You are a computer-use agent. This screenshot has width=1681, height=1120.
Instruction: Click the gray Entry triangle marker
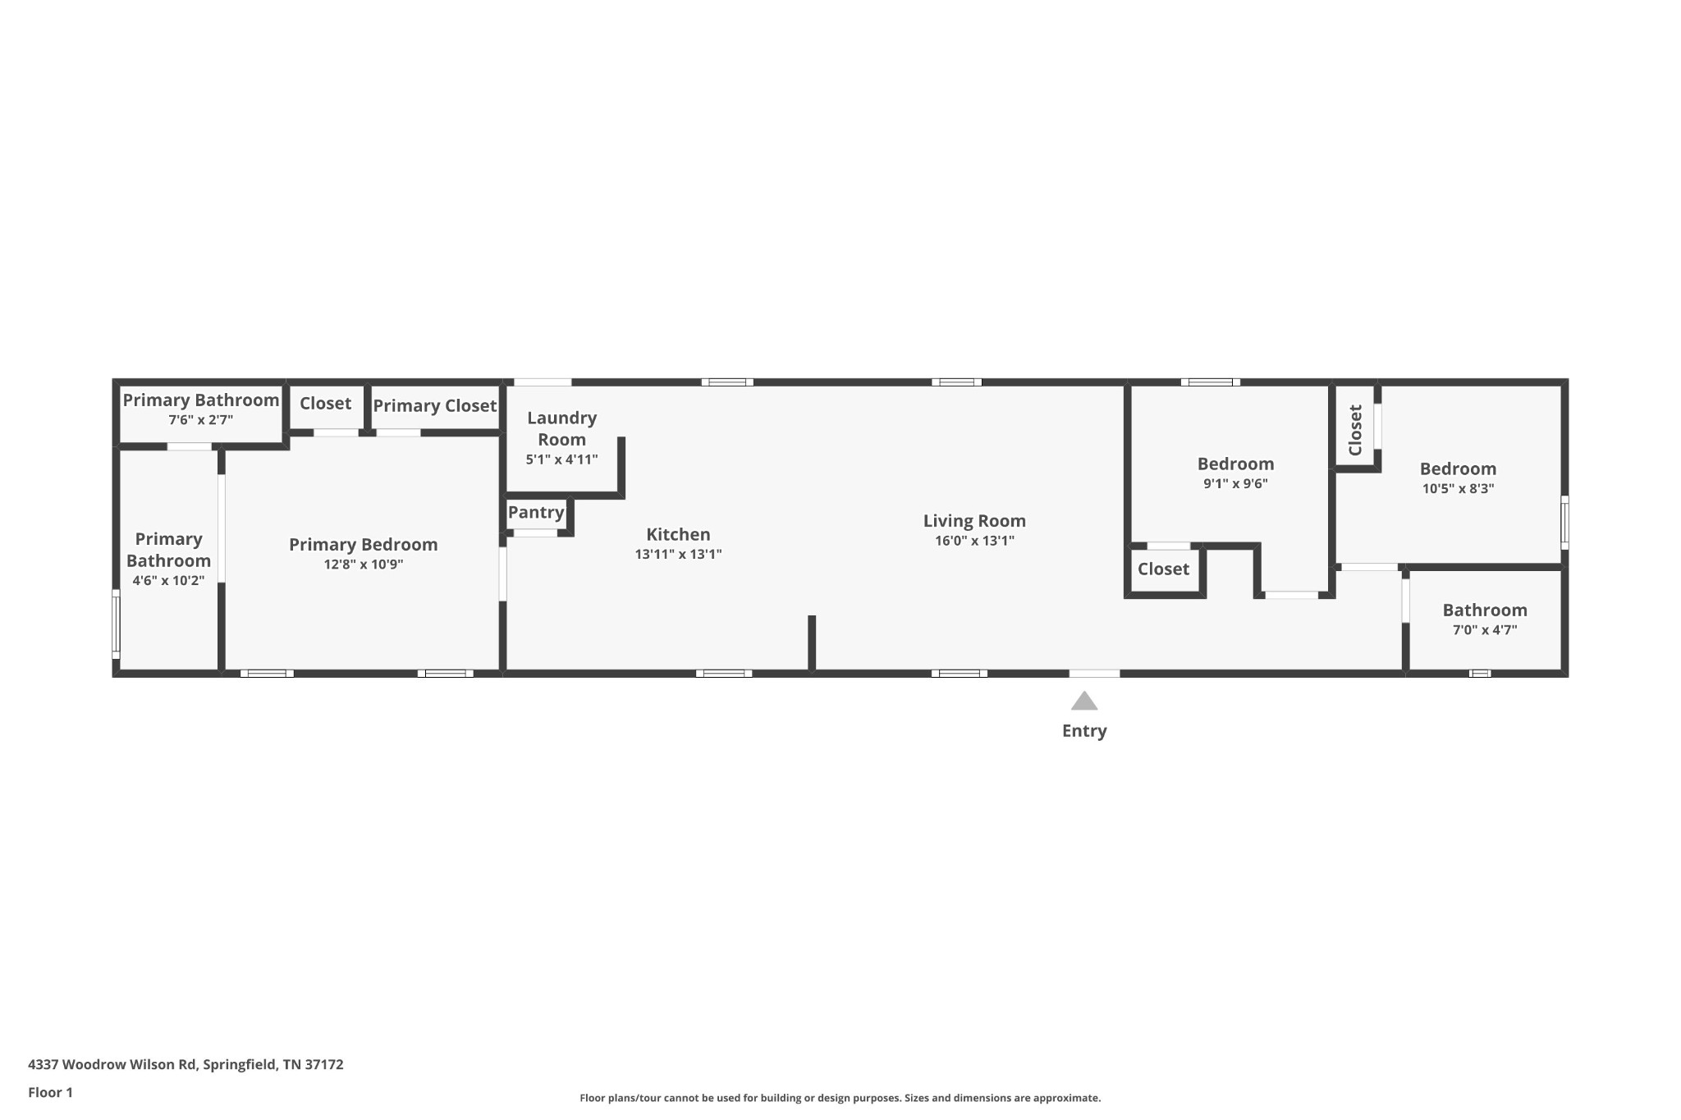click(x=1084, y=701)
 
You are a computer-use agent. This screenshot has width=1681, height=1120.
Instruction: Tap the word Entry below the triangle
click(x=1084, y=731)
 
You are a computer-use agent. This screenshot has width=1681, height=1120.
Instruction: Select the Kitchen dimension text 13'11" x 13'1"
click(x=678, y=555)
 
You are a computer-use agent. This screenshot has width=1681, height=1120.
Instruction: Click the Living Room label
click(x=974, y=521)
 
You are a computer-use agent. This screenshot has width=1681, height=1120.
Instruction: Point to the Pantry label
click(x=536, y=513)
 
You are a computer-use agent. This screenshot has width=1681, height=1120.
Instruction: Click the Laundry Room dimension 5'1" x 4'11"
click(x=561, y=459)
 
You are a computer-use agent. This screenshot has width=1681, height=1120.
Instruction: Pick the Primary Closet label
click(x=434, y=406)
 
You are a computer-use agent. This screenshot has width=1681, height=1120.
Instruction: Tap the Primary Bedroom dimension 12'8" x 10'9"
click(x=363, y=565)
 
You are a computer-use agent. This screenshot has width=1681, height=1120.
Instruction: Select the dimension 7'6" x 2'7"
click(x=201, y=420)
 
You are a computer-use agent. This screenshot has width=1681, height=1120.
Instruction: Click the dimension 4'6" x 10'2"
click(x=168, y=581)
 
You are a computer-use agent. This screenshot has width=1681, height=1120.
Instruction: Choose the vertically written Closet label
click(x=1355, y=430)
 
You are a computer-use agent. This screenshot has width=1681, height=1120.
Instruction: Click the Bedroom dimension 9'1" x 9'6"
click(x=1235, y=484)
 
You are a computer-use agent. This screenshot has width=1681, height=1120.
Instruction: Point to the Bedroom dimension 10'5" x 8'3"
click(x=1458, y=489)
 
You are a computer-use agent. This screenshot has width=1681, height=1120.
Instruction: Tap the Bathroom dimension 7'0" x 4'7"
click(x=1485, y=630)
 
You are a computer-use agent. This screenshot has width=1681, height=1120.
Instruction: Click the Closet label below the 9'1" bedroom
click(x=1163, y=569)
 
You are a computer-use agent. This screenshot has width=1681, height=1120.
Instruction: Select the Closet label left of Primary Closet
click(x=325, y=404)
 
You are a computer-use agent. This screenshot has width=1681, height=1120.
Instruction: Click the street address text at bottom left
click(x=186, y=1064)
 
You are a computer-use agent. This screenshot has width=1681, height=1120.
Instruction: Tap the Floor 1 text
click(x=51, y=1092)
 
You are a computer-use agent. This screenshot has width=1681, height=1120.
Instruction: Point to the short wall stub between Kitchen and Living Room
click(x=812, y=642)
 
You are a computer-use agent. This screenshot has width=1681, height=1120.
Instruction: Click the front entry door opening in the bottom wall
click(x=1094, y=674)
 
